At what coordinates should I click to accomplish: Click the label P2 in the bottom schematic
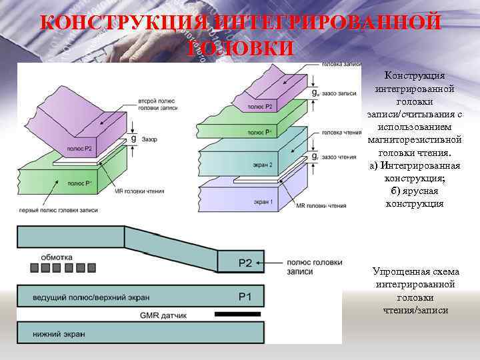click(246, 263)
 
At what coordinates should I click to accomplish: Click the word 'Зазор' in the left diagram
click(149, 139)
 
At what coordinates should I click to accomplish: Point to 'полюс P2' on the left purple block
click(79, 149)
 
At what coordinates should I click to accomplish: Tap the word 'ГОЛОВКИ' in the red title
click(240, 48)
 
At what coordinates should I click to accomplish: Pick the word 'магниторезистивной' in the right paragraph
click(414, 139)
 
